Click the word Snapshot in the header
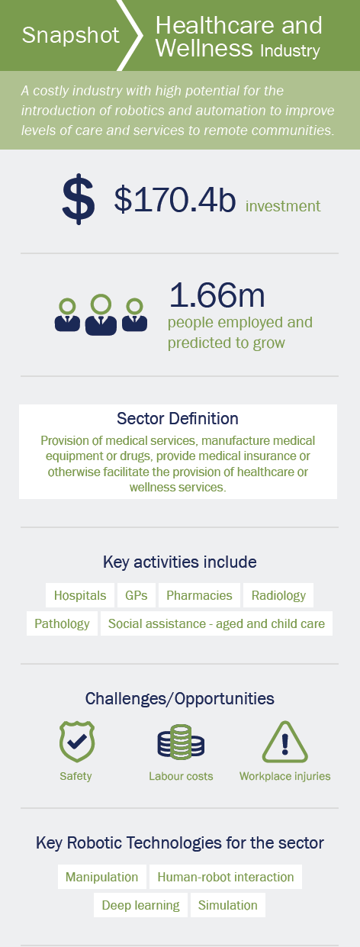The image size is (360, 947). point(71,35)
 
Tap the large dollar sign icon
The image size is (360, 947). point(78,198)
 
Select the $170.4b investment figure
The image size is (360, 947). point(175,199)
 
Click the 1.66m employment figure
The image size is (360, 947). point(217,295)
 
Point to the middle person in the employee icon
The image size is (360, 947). point(101,315)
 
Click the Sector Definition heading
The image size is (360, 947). point(178,418)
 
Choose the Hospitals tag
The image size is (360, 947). point(80,595)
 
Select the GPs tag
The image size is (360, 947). point(136,595)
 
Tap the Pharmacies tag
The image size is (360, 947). point(199,595)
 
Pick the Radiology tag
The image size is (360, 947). point(278,595)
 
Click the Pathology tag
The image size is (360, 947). point(62,623)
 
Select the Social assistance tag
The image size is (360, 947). point(217,623)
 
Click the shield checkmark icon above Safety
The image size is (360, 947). point(77,742)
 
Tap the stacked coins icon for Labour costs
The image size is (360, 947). point(181,742)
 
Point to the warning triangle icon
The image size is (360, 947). point(284,742)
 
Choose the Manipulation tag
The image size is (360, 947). point(102,877)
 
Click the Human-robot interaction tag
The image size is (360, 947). point(226,877)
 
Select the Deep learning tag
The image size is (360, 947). point(140,905)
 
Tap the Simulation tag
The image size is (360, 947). point(228,905)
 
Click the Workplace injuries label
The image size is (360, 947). point(284,776)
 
